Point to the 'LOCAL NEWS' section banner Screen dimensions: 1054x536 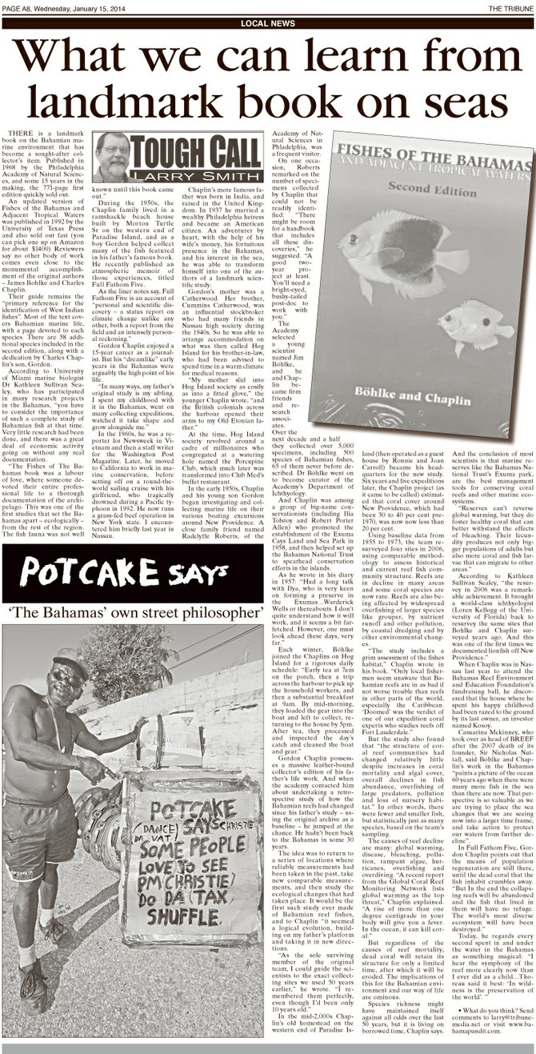click(267, 24)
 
